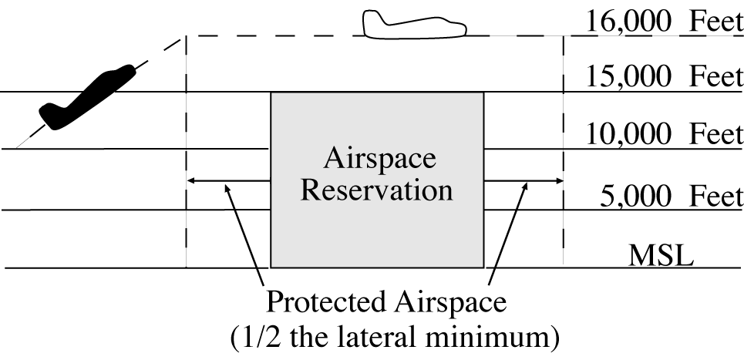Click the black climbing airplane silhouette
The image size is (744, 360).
[85, 96]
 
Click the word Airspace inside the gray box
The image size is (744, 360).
[378, 159]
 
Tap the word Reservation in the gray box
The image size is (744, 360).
[377, 189]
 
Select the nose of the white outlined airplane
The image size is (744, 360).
[463, 30]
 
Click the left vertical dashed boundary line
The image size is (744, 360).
[187, 154]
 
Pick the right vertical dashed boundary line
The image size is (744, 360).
[564, 154]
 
